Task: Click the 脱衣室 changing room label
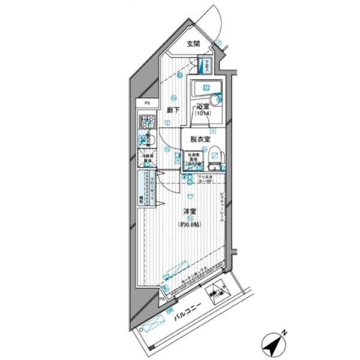click(x=200, y=139)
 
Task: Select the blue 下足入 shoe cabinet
click(x=207, y=64)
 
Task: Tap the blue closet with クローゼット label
click(x=145, y=189)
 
